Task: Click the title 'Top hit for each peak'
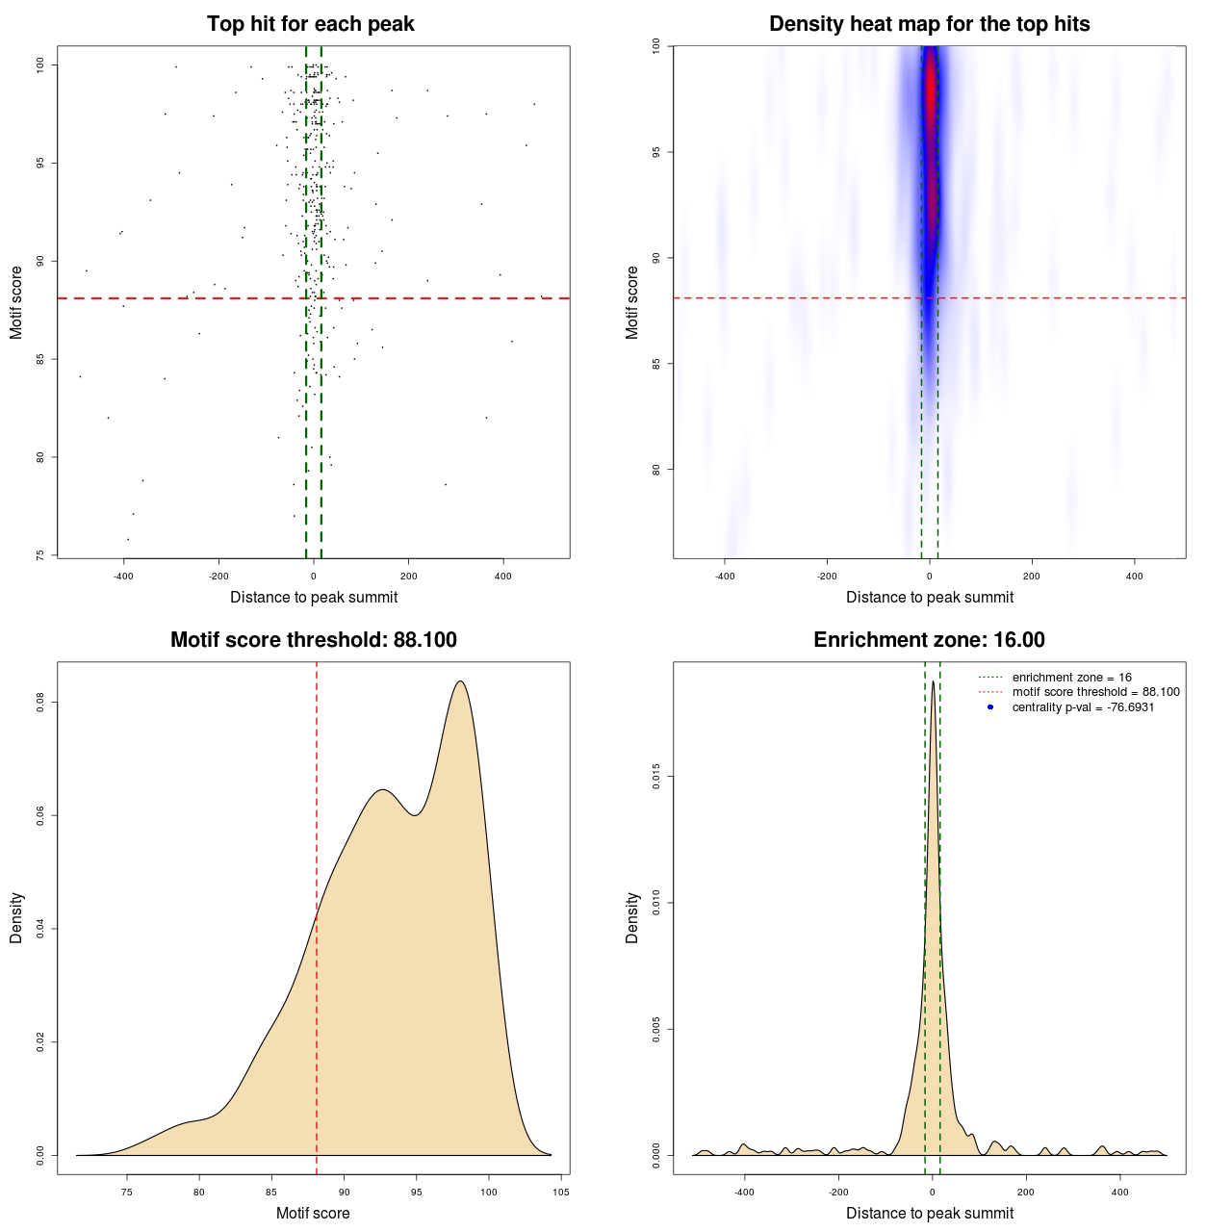pos(310,24)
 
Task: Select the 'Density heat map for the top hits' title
pos(929,24)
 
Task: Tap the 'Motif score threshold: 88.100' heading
pos(313,640)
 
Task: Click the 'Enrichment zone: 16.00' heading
pos(929,640)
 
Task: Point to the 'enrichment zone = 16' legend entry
pos(1071,678)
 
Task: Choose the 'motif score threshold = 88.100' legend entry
pos(1095,692)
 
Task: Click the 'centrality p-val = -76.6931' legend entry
pos(1083,707)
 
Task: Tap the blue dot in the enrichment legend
pos(990,707)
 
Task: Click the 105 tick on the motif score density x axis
pos(561,1192)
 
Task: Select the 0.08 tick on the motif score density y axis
pos(40,703)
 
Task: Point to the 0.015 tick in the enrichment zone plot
pos(656,777)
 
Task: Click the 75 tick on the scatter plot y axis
pos(40,555)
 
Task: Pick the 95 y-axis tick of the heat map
pos(656,152)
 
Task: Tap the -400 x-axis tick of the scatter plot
pos(123,576)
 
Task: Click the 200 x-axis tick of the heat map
pos(1032,576)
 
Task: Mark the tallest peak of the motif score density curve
pos(461,681)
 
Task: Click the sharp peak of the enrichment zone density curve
pos(933,681)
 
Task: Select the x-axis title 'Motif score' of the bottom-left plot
pos(313,1213)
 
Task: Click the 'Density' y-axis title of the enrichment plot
pos(632,917)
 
